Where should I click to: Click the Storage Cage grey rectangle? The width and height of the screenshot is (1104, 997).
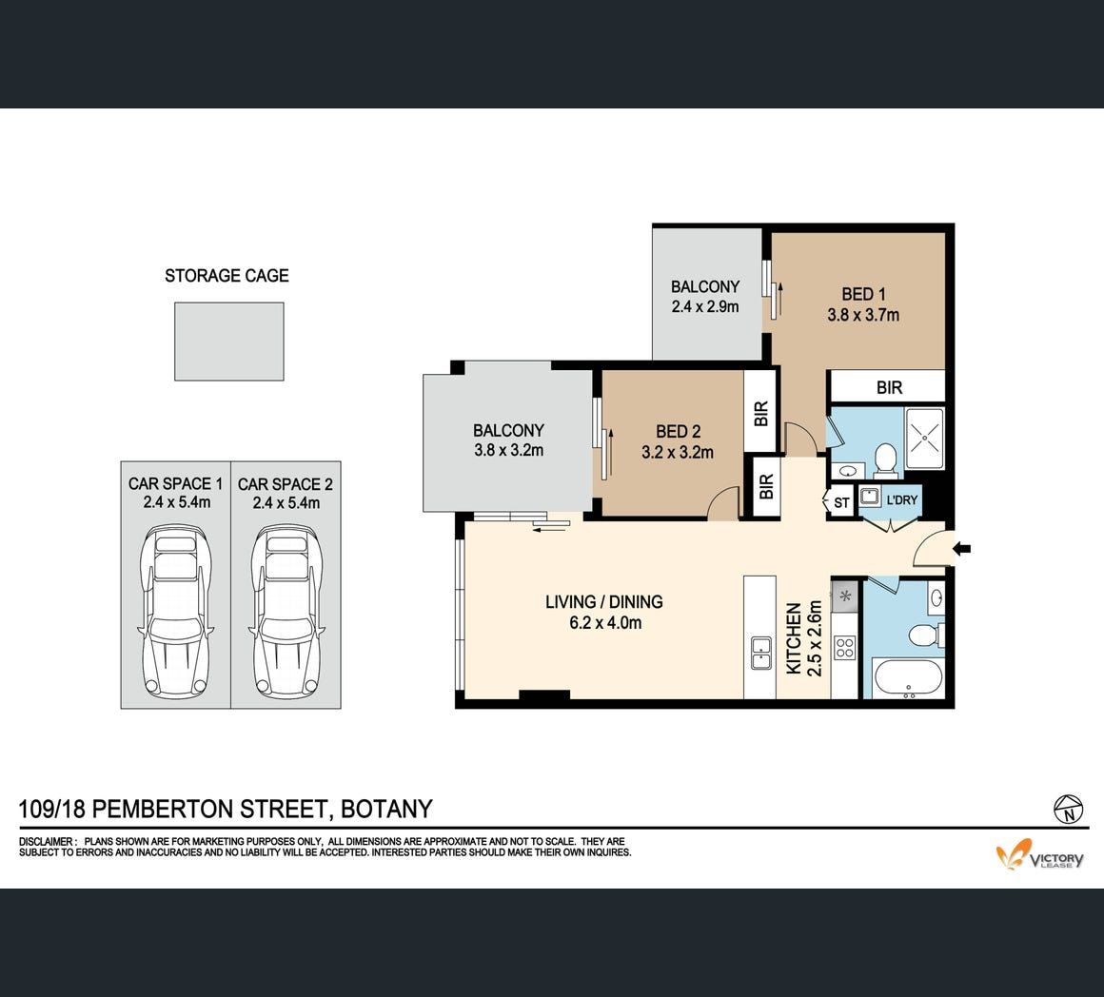tap(228, 342)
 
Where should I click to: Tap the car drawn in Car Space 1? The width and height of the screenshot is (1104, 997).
tap(176, 611)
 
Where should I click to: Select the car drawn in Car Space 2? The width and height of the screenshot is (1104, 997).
tap(286, 611)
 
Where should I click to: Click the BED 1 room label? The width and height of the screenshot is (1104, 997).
tap(863, 294)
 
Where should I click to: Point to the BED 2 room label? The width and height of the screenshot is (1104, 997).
tap(678, 431)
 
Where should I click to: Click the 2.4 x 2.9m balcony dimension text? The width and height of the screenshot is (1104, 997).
tap(705, 306)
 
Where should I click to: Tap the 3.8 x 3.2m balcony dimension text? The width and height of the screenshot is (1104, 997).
tap(508, 450)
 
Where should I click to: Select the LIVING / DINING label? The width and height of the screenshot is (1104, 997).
tap(604, 602)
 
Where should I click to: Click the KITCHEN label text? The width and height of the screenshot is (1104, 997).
tap(794, 638)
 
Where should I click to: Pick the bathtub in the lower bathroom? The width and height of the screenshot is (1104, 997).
tap(908, 677)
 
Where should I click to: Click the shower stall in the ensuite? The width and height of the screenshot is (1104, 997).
tap(924, 438)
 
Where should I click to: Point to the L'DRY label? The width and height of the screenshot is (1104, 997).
tap(902, 499)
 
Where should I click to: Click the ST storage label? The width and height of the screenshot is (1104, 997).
tap(841, 503)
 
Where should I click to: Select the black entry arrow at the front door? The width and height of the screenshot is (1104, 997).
tap(962, 548)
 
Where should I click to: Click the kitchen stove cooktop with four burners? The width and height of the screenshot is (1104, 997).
tap(844, 647)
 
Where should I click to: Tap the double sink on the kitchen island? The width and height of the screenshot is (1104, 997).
tap(760, 653)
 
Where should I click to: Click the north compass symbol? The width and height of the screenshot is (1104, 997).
tap(1068, 809)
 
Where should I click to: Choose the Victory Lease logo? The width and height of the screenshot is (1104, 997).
tap(1039, 854)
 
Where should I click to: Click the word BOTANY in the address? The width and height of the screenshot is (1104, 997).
tap(386, 810)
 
